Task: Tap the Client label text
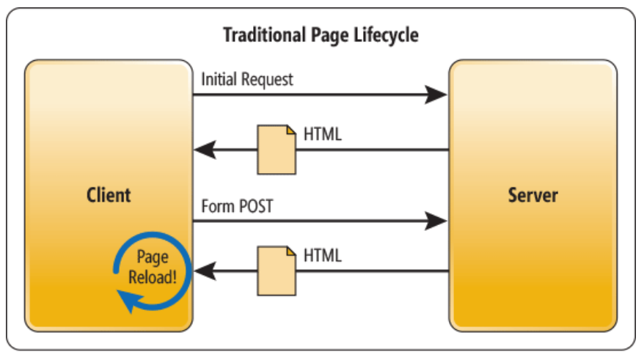pos(109,195)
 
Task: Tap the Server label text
pos(533,195)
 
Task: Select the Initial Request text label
pos(247,79)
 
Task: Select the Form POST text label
pos(237,207)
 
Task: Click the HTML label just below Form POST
pos(323,256)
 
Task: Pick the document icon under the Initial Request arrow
pos(277,150)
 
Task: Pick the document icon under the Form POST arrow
pos(277,271)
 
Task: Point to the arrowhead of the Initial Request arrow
pos(437,95)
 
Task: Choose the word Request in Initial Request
pos(267,79)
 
